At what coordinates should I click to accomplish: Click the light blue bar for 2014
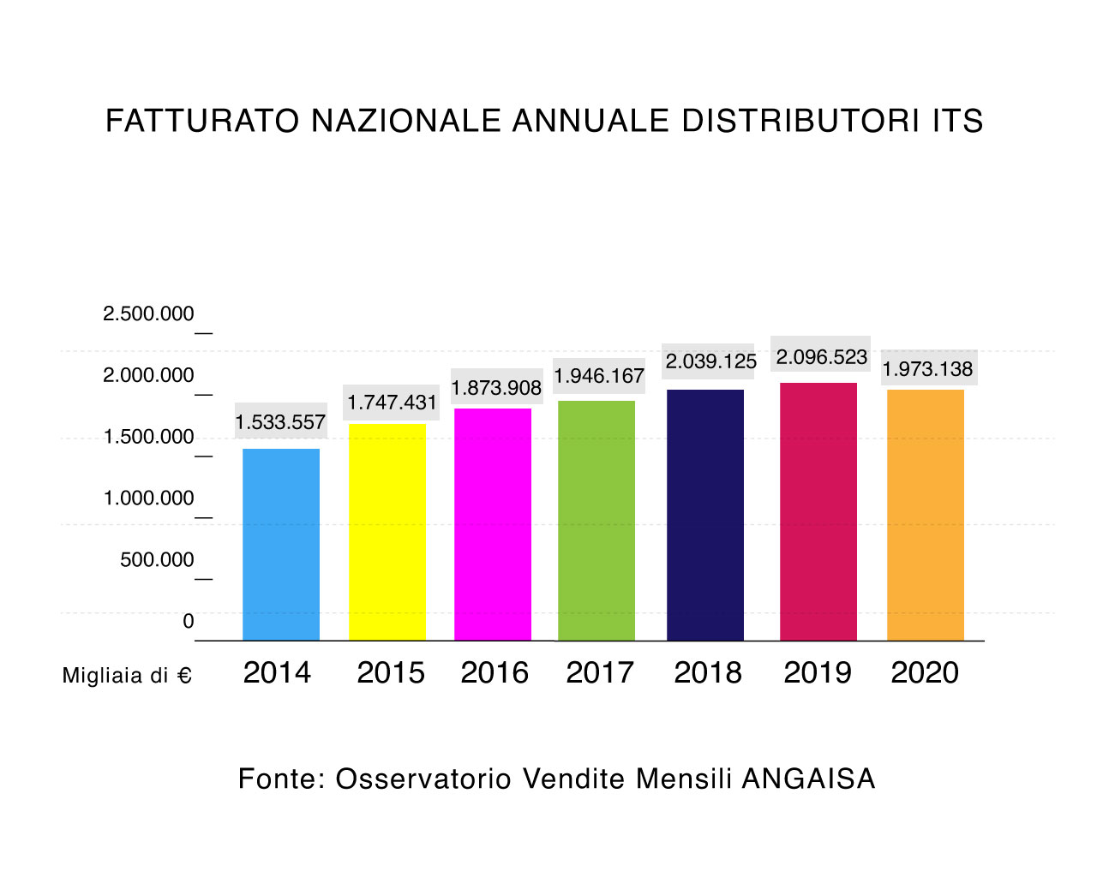(281, 544)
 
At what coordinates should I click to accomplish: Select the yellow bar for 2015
(387, 532)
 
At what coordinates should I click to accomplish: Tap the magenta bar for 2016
(493, 524)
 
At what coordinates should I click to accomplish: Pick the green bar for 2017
(596, 520)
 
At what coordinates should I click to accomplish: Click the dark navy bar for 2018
(705, 515)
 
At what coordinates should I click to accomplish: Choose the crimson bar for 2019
(818, 511)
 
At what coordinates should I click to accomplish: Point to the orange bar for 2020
(926, 515)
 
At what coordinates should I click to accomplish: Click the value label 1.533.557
(280, 422)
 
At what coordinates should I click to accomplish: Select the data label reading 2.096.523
(822, 357)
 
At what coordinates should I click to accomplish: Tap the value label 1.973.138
(928, 369)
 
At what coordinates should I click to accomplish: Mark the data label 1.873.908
(496, 388)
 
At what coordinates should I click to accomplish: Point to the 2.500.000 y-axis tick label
(148, 314)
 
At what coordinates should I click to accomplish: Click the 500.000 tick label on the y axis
(157, 560)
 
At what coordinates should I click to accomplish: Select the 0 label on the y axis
(189, 622)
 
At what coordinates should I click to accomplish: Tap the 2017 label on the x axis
(600, 673)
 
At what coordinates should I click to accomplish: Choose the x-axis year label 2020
(925, 673)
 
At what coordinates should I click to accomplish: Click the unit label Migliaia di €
(127, 676)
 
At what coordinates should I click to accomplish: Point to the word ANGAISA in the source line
(808, 779)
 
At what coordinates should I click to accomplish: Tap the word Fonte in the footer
(277, 779)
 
